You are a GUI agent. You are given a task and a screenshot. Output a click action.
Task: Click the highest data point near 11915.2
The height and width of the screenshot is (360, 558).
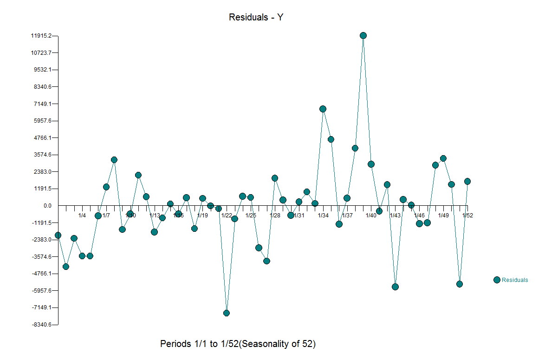(x=363, y=36)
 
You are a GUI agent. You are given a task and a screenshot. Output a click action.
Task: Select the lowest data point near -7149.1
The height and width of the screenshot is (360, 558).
(x=227, y=313)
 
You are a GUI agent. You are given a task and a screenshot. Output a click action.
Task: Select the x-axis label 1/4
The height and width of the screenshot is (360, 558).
(x=82, y=216)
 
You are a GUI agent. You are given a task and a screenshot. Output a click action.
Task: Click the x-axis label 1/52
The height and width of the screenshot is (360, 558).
(x=467, y=216)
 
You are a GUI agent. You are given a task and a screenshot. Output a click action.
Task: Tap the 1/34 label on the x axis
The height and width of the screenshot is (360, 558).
(x=323, y=216)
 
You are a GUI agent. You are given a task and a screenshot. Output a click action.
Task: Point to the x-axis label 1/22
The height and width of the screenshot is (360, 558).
(x=227, y=216)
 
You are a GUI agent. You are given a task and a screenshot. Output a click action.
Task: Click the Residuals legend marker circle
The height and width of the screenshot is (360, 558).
(x=497, y=280)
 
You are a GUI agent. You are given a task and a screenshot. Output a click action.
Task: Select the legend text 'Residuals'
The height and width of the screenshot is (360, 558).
(x=515, y=280)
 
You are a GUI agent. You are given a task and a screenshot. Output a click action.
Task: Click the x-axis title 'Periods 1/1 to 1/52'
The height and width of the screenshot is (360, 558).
(x=238, y=344)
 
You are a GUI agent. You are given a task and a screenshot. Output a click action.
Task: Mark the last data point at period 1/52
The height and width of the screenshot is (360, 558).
(x=467, y=181)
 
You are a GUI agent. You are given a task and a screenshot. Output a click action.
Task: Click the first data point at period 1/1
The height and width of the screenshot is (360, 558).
(x=58, y=236)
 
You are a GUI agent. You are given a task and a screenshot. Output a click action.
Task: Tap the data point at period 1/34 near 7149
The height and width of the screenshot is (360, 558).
(x=323, y=109)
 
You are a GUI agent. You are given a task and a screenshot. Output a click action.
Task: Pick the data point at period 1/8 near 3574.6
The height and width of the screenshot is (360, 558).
(x=114, y=160)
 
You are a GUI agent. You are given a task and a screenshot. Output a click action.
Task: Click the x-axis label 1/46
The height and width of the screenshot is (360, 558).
(x=419, y=216)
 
